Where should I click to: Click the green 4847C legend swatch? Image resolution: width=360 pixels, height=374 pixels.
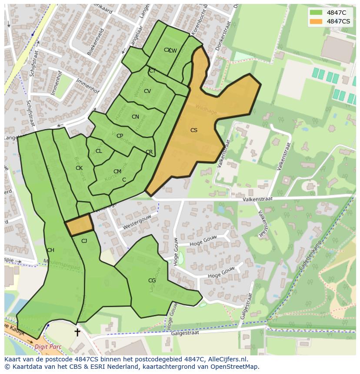click(316, 13)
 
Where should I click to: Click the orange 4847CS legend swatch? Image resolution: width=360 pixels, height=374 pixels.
click(316, 21)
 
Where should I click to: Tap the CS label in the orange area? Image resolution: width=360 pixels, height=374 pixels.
click(194, 130)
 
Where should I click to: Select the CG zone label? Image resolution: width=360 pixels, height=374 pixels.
click(152, 281)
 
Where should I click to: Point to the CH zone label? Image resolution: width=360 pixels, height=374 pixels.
click(50, 250)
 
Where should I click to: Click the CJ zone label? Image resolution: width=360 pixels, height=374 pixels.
click(84, 241)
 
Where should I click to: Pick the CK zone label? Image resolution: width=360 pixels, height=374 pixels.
click(79, 168)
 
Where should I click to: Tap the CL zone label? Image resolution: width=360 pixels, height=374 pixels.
click(99, 151)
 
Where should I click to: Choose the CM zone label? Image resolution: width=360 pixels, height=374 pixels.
click(117, 172)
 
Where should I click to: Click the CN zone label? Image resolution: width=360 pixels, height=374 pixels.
click(135, 117)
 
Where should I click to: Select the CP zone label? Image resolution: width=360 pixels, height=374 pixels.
click(120, 136)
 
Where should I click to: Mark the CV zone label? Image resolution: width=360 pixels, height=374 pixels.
click(147, 91)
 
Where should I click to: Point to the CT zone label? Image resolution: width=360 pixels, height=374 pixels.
click(152, 71)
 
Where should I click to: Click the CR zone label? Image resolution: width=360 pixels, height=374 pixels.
click(149, 152)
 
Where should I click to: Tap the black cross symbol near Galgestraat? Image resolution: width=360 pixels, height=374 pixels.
click(77, 332)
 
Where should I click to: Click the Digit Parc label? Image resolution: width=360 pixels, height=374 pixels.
click(48, 347)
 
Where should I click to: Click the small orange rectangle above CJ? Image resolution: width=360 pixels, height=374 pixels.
click(80, 224)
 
